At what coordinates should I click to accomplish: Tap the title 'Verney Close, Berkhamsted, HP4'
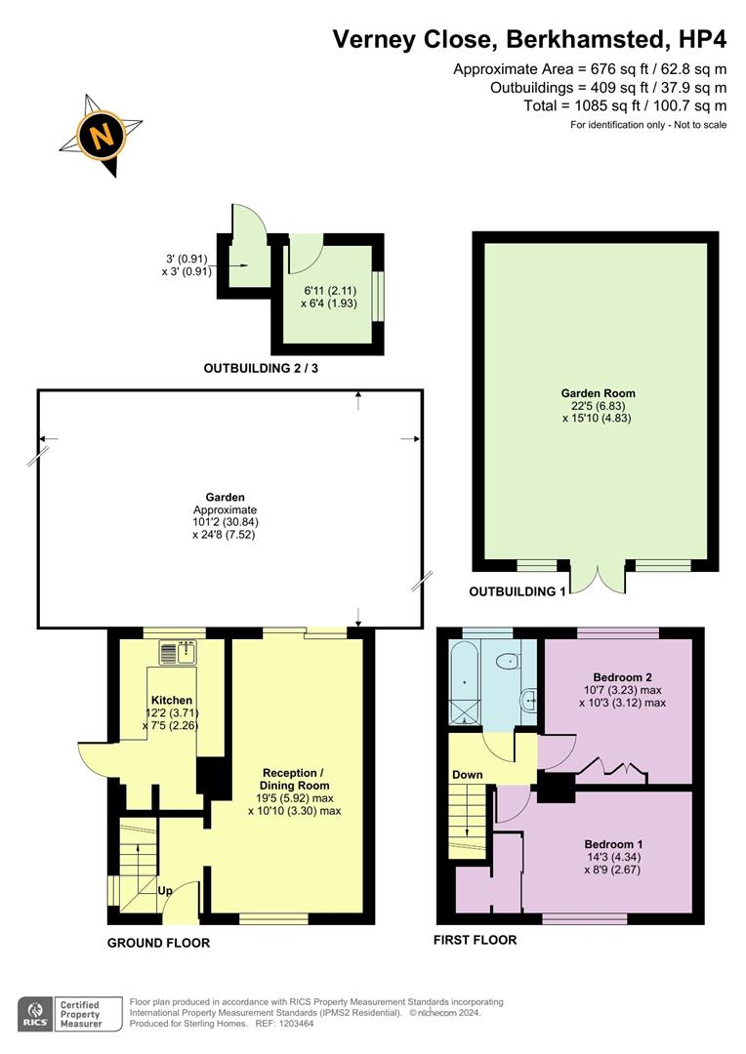pos(529,39)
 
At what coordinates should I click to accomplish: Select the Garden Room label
pos(598,393)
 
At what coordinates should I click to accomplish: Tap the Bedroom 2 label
pos(622,676)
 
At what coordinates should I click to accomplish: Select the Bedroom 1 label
pos(614,844)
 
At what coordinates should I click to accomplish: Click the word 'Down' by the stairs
pos(467,775)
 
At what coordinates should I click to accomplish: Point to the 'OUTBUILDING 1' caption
pos(517,592)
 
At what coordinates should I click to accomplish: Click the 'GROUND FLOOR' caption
pos(158,943)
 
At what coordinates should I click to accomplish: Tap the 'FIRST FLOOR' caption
pos(475,940)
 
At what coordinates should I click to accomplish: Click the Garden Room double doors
pos(596,578)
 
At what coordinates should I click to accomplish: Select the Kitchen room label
pos(171,701)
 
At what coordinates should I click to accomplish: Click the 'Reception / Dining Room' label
pos(294,778)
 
